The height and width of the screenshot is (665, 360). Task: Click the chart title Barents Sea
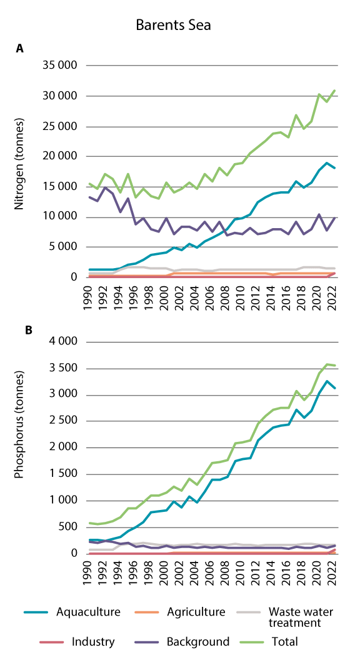[x=174, y=25]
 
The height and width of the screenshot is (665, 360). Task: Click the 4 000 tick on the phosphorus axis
[x=62, y=341]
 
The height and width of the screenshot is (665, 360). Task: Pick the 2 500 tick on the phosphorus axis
[x=62, y=421]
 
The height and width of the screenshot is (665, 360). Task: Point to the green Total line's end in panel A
[x=334, y=91]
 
